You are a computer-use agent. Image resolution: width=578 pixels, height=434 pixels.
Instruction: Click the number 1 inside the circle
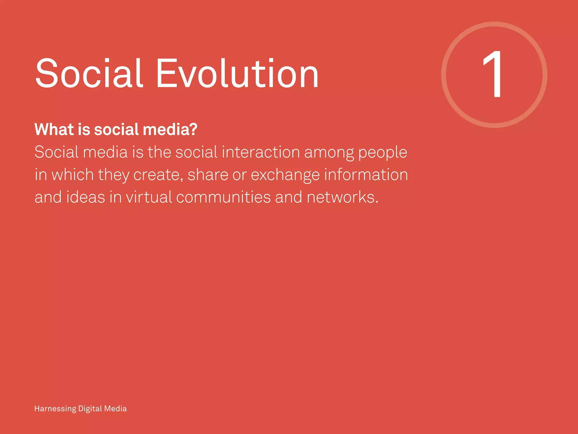[493, 74]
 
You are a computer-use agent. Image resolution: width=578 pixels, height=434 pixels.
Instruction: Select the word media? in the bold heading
[170, 129]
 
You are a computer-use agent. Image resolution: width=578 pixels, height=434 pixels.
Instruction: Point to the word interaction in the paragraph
[260, 152]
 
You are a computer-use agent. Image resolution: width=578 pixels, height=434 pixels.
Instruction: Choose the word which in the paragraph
[73, 175]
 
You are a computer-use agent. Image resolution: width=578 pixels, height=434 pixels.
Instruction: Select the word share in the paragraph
[208, 175]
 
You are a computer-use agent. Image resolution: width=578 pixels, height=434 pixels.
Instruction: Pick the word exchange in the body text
[285, 175]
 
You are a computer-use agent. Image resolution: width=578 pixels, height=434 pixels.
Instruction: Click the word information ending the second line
[366, 175]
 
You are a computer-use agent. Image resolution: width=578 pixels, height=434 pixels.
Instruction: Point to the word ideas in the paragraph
[86, 197]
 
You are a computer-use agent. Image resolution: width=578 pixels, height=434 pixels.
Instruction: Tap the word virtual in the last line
[149, 197]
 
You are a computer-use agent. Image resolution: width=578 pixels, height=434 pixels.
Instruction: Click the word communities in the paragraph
[224, 197]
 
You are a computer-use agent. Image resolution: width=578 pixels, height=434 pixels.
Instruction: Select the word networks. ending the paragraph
[342, 197]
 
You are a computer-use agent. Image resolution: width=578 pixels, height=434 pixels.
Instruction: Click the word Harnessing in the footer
[55, 409]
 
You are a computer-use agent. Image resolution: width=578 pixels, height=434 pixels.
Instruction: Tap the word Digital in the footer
[90, 409]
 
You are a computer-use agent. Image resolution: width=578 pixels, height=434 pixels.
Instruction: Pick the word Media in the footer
[115, 409]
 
